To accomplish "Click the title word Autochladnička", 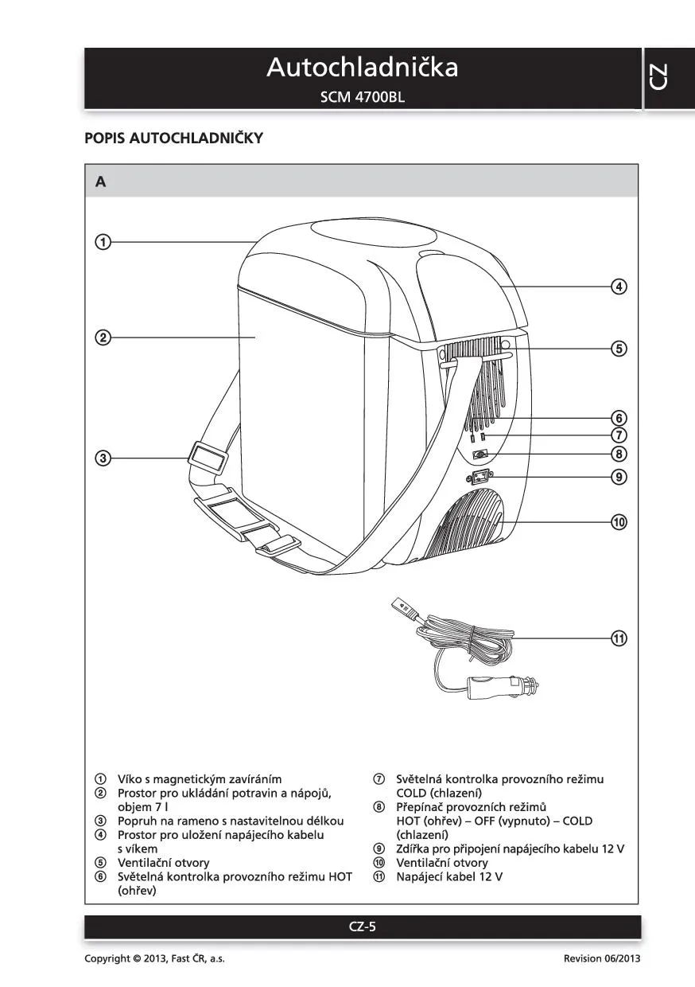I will (362, 68).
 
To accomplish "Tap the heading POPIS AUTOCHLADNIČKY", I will (173, 138).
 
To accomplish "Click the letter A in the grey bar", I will (100, 181).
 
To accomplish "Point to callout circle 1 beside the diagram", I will (103, 241).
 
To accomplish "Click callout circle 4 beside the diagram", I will (619, 287).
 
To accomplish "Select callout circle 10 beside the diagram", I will (619, 522).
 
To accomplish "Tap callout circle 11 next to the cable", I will (619, 638).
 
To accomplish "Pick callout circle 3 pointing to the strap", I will (103, 458).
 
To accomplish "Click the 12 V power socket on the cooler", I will (481, 478).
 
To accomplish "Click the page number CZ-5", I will (362, 927).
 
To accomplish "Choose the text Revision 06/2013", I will (601, 958).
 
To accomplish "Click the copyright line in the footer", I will (155, 958).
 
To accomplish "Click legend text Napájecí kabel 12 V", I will (449, 877).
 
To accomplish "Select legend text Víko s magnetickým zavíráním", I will (200, 779).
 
